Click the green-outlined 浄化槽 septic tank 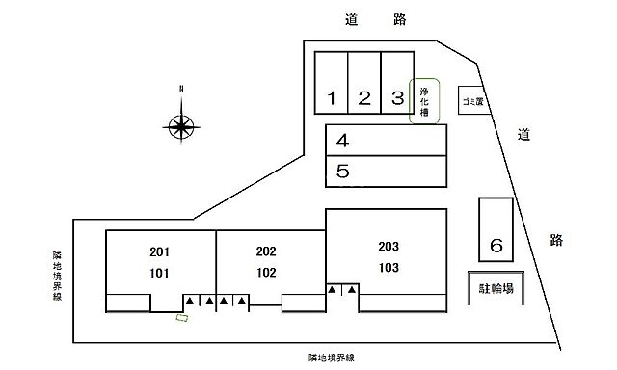tap(425, 101)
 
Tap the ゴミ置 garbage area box tap(472, 100)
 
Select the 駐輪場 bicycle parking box tap(496, 287)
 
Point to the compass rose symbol tap(181, 124)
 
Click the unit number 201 tap(160, 251)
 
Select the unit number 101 tap(160, 273)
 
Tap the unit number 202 tap(266, 251)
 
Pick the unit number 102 tap(266, 273)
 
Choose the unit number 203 tap(389, 246)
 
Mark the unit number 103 tap(389, 267)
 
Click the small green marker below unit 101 tap(180, 317)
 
